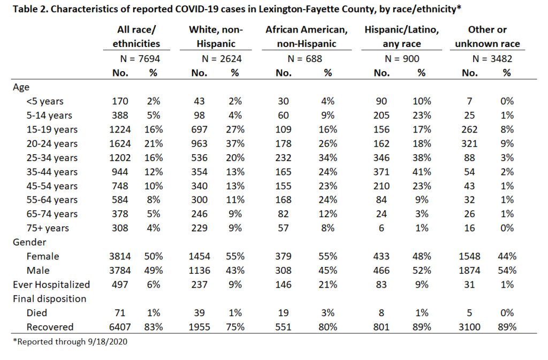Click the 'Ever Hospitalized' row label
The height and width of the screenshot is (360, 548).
51,285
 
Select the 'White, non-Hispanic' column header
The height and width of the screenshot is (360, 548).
216,37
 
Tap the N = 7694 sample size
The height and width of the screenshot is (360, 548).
140,59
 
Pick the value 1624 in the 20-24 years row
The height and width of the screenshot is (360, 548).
120,143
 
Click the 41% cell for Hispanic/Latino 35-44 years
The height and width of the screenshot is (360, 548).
422,172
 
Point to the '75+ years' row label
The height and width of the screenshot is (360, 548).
48,228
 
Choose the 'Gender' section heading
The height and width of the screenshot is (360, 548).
29,242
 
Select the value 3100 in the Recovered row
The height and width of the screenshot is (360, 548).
469,327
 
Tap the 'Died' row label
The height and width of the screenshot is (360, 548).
37,313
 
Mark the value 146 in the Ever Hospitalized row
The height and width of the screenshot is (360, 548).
283,285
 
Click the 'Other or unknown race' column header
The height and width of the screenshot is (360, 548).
487,37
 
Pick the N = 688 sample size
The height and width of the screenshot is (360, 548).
305,59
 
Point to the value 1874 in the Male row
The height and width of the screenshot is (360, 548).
469,271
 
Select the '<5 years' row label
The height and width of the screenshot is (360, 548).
45,101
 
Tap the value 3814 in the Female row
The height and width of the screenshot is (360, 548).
120,256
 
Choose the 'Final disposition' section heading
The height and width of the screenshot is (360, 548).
50,299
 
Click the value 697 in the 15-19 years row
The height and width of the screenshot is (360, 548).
199,129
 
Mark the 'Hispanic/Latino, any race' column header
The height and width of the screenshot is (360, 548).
401,37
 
